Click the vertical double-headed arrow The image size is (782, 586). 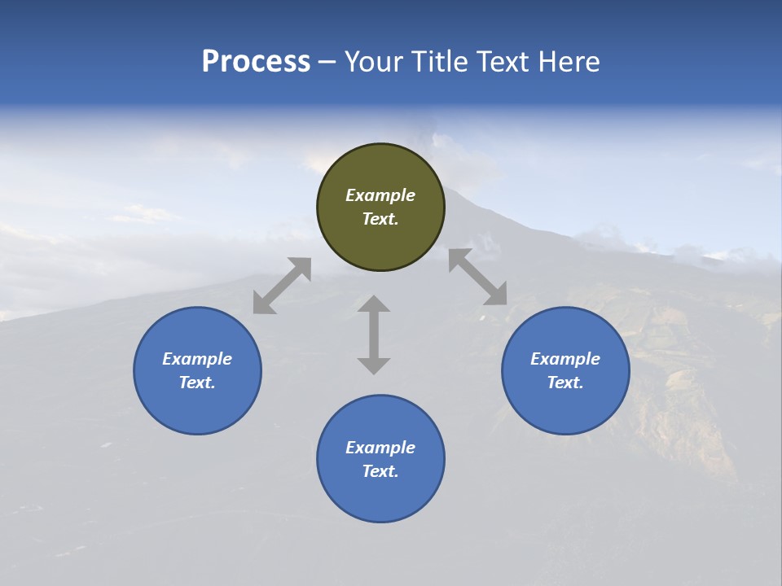pos(374,335)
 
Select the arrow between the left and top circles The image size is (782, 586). pos(282,286)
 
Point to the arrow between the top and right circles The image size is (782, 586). pos(477,277)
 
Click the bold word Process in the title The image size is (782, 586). pos(256,62)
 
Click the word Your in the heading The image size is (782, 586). pos(373,62)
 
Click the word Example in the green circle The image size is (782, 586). pos(380,195)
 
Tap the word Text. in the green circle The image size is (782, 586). pos(380,219)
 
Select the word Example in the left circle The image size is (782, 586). pos(197,359)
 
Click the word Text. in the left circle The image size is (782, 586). pos(197,383)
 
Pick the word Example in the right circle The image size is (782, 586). pos(565,359)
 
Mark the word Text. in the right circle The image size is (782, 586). pos(565,383)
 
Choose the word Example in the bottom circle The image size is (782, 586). pos(380,448)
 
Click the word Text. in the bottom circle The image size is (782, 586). pos(380,471)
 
